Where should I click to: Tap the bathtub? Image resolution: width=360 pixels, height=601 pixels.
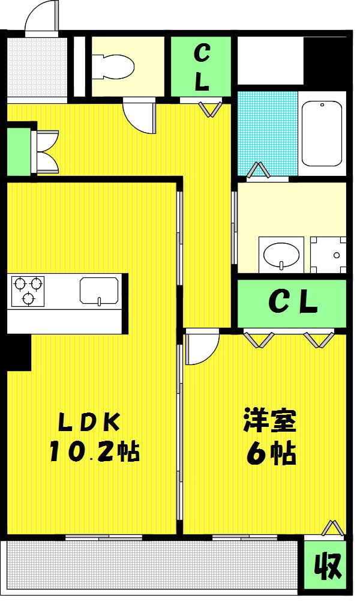[x=322, y=133]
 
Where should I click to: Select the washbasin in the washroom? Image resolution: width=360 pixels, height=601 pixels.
[x=281, y=255]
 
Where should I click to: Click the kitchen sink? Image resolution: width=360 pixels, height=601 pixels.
[x=99, y=291]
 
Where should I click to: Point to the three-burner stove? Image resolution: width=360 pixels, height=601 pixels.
[x=28, y=291]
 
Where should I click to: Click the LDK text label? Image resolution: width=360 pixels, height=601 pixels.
[x=89, y=423]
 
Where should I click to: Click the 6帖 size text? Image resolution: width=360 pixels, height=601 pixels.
[x=271, y=454]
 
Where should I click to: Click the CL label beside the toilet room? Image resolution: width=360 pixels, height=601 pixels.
[x=202, y=67]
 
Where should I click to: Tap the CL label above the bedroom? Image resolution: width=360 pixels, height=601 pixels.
[x=293, y=302]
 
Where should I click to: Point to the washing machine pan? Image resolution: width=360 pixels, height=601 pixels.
[x=329, y=255]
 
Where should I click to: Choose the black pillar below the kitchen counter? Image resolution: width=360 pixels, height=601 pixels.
[x=19, y=352]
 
